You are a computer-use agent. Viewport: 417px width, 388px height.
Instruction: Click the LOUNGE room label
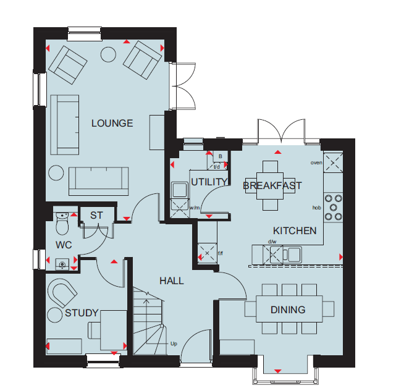click(x=112, y=124)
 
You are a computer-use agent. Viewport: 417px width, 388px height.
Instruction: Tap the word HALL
click(x=172, y=281)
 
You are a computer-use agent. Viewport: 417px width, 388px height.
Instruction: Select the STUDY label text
click(x=82, y=313)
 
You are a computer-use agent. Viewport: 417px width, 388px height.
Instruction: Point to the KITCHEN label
click(x=295, y=231)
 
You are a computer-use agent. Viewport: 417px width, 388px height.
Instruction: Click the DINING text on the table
click(x=288, y=310)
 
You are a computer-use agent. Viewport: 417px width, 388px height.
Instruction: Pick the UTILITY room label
click(x=209, y=182)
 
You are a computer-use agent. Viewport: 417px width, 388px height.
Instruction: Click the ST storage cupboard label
click(x=96, y=216)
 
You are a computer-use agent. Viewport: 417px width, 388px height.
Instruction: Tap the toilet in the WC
click(x=62, y=223)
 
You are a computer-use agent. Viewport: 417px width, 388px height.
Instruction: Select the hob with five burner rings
click(x=333, y=208)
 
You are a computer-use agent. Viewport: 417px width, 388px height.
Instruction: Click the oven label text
click(x=316, y=162)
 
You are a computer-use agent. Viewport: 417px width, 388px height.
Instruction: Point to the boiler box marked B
click(x=220, y=157)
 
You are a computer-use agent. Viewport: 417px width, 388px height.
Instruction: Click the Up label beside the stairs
click(x=174, y=344)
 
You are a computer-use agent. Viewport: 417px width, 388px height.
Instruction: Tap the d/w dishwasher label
click(x=272, y=242)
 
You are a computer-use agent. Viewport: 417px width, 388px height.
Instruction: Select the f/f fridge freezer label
click(x=221, y=253)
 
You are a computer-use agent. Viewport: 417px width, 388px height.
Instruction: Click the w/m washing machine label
click(x=195, y=208)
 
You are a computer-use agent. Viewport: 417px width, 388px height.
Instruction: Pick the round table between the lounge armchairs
click(x=108, y=54)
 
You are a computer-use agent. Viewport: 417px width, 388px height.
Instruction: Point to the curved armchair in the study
click(x=62, y=292)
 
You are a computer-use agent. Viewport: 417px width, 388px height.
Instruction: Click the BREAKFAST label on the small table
click(x=272, y=185)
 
